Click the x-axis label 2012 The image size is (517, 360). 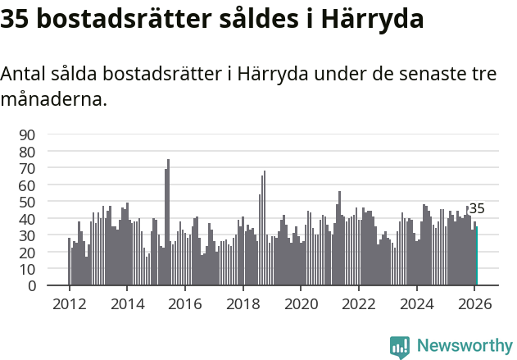click(69, 303)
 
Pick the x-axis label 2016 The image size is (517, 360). click(184, 303)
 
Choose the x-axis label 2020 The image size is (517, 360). click(301, 303)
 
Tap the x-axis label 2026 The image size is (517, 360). click(474, 303)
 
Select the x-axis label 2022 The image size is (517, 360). click(359, 303)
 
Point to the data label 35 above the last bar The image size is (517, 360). click(477, 209)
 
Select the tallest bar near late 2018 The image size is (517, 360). click(264, 229)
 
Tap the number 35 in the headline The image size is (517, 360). click(16, 19)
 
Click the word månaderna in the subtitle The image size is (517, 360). click(53, 101)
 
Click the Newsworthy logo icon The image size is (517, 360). click(400, 346)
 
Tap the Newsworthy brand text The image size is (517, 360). click(464, 346)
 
